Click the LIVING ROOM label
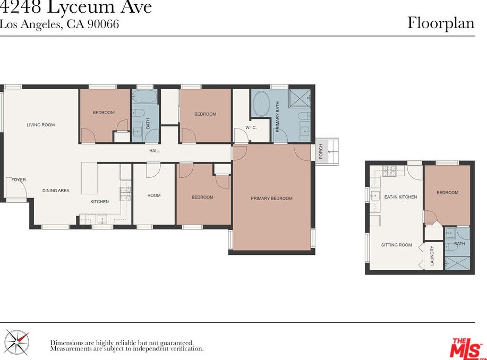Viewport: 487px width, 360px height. [41, 125]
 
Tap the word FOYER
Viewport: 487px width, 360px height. [19, 179]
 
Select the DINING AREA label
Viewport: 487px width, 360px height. [56, 191]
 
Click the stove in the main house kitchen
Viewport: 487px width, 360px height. [126, 194]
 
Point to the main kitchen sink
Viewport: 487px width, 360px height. [102, 219]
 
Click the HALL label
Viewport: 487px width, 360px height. [155, 151]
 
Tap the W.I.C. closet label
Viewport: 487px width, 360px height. [251, 127]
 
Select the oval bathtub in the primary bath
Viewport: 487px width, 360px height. [261, 104]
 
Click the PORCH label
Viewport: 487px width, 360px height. [321, 151]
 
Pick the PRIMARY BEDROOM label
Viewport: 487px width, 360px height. [272, 198]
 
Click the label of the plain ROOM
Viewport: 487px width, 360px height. [154, 195]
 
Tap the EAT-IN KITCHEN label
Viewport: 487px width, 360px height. [400, 197]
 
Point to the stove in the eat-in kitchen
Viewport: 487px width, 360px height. [389, 170]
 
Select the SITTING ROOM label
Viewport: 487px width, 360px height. [397, 245]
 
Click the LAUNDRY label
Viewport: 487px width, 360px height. [432, 255]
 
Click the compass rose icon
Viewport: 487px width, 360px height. [18, 342]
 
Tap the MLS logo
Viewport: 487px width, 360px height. [466, 349]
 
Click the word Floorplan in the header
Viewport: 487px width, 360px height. [441, 23]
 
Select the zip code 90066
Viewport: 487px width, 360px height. [103, 24]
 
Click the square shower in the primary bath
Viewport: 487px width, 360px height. [300, 99]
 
